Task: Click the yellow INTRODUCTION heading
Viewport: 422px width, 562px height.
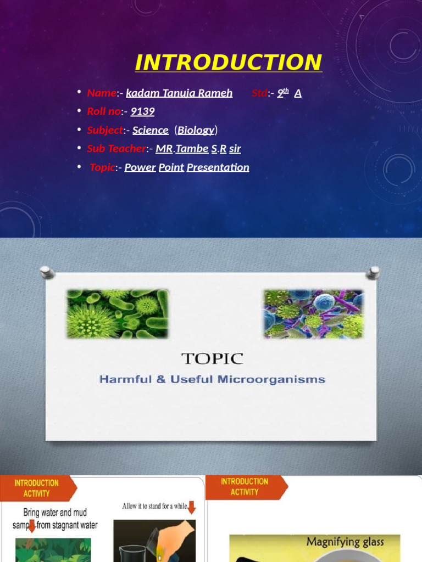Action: point(228,63)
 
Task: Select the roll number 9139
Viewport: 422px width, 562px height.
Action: point(142,111)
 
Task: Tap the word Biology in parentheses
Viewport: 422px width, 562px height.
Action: point(196,130)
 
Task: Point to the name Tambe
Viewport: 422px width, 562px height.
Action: point(192,149)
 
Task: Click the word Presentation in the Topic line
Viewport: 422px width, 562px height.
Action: point(218,167)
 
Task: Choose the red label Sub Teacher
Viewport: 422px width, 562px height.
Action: point(116,149)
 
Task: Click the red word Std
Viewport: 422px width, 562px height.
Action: point(259,93)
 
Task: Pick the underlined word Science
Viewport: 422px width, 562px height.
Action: point(150,130)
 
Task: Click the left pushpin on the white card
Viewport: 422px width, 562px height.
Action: point(46,272)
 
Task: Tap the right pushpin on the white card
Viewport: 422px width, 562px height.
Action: point(374,272)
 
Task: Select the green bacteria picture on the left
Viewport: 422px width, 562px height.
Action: point(117,314)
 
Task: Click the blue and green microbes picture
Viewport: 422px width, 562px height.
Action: point(313,314)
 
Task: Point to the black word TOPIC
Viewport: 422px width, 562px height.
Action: point(212,359)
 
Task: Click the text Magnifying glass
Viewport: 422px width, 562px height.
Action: point(345,542)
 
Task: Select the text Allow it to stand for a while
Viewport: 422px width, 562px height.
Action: point(156,506)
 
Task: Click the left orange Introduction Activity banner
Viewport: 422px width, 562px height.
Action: point(37,488)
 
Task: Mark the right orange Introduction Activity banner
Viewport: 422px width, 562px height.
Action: point(245,486)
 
